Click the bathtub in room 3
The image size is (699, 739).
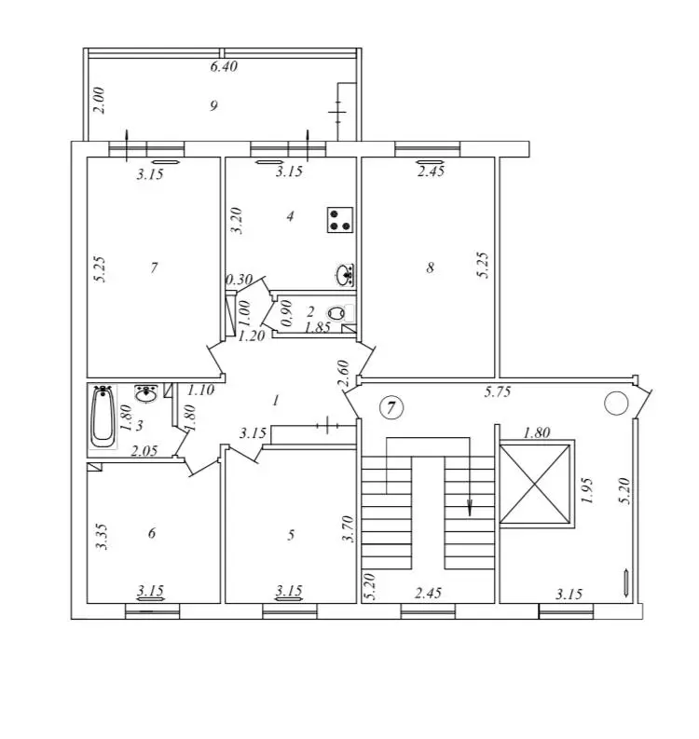tap(103, 417)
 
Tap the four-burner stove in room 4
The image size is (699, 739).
tap(340, 220)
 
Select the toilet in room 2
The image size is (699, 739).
tap(336, 313)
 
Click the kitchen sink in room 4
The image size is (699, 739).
tap(346, 275)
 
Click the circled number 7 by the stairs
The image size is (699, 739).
tap(391, 406)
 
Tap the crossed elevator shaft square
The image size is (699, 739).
tap(534, 484)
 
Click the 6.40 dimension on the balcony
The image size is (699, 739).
tap(224, 66)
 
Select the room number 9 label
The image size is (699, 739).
tap(213, 105)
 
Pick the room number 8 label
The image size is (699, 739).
tap(430, 267)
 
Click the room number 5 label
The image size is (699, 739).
tap(291, 535)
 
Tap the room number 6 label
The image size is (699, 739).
tap(152, 533)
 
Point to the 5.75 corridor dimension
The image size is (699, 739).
tap(498, 391)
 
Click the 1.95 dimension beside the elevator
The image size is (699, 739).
tap(587, 490)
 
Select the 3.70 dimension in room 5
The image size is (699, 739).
tap(349, 528)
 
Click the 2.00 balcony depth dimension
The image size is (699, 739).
tap(100, 101)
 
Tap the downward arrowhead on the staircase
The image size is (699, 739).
tap(470, 508)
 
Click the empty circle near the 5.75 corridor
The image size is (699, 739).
tap(616, 404)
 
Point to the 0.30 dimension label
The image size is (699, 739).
tap(240, 280)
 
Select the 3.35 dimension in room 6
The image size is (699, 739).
tap(102, 537)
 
